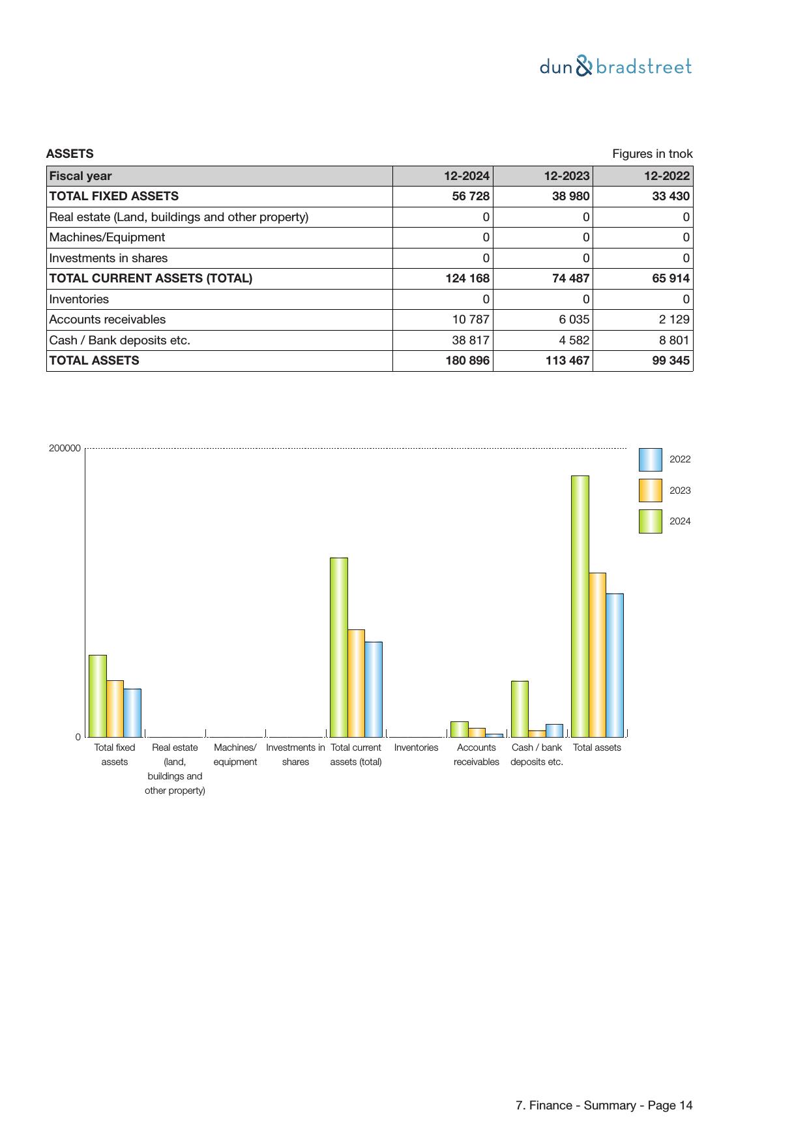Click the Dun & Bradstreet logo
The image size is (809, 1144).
pyautogui.click(x=615, y=67)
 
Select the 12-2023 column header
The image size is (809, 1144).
pyautogui.click(x=566, y=176)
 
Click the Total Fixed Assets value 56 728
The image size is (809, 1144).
pyautogui.click(x=470, y=196)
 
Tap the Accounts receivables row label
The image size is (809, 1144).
pyautogui.click(x=108, y=320)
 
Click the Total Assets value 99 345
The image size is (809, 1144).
pyautogui.click(x=670, y=361)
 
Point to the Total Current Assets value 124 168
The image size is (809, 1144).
pyautogui.click(x=467, y=278)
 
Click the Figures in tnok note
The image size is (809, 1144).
pyautogui.click(x=652, y=154)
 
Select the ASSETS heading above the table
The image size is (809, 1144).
pyautogui.click(x=70, y=154)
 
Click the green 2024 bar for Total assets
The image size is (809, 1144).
pyautogui.click(x=580, y=607)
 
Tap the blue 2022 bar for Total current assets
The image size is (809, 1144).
pyautogui.click(x=374, y=689)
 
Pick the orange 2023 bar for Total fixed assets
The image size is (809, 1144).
pyautogui.click(x=115, y=708)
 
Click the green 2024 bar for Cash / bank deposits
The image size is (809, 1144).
pyautogui.click(x=520, y=709)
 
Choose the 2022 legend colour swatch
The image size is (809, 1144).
pyautogui.click(x=650, y=460)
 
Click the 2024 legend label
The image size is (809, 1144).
pyautogui.click(x=680, y=521)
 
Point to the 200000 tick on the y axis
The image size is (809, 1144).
pyautogui.click(x=65, y=448)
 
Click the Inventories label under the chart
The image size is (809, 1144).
pyautogui.click(x=416, y=747)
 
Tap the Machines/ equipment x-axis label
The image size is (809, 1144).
pyautogui.click(x=235, y=755)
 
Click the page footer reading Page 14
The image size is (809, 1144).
pyautogui.click(x=604, y=1106)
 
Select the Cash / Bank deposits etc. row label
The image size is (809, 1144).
pyautogui.click(x=120, y=340)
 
